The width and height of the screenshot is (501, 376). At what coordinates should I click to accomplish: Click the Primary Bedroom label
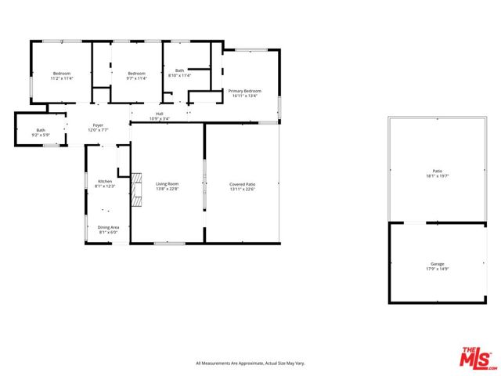pos(244,91)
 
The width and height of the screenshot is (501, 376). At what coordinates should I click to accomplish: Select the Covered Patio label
pos(243,183)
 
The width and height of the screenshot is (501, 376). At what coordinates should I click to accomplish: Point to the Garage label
pos(437,264)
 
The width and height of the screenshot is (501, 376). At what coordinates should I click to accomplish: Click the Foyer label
pos(99,125)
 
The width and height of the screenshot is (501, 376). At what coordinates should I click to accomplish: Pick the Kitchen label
pos(105,181)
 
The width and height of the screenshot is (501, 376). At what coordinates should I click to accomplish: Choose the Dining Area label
pos(107,227)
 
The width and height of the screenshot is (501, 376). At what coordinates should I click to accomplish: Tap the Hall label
pos(160,114)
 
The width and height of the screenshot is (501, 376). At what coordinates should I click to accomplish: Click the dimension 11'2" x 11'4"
pos(61,78)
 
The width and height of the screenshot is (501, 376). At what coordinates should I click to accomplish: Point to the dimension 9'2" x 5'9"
pos(41,136)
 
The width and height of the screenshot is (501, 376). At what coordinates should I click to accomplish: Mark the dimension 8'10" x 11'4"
pos(180,76)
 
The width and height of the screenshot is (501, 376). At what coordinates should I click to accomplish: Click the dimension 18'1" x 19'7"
pos(437,176)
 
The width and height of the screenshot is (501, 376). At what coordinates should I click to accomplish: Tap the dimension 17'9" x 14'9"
pos(437,269)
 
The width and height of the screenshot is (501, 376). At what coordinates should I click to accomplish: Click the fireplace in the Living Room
pos(137,190)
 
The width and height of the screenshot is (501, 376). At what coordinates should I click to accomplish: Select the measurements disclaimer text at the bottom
pos(250,363)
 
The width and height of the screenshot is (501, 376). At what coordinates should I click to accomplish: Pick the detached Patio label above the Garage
pos(437,171)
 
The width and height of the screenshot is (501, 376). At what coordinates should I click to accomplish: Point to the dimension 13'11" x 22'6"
pos(243,189)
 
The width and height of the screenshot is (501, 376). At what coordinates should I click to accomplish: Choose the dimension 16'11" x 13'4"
pos(244,96)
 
